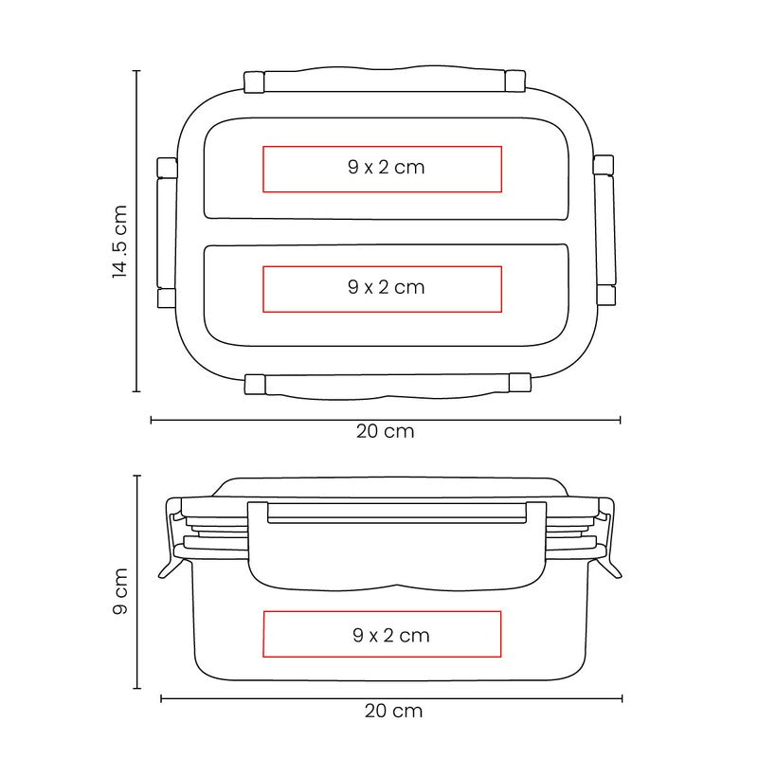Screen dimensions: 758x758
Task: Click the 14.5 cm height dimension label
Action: tap(119, 242)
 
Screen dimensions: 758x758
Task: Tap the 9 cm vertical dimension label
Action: tap(120, 591)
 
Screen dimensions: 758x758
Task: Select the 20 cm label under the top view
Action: tap(386, 431)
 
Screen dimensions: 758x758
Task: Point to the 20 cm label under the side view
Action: tap(393, 711)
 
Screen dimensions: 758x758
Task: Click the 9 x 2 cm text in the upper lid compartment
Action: tap(387, 168)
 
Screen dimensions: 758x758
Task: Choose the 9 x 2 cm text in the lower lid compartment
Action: tap(387, 287)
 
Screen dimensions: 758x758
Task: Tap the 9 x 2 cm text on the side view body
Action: tap(391, 635)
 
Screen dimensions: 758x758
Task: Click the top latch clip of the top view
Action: tap(385, 80)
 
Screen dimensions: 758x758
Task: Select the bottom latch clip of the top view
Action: tap(388, 386)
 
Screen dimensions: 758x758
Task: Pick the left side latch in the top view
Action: tap(167, 232)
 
